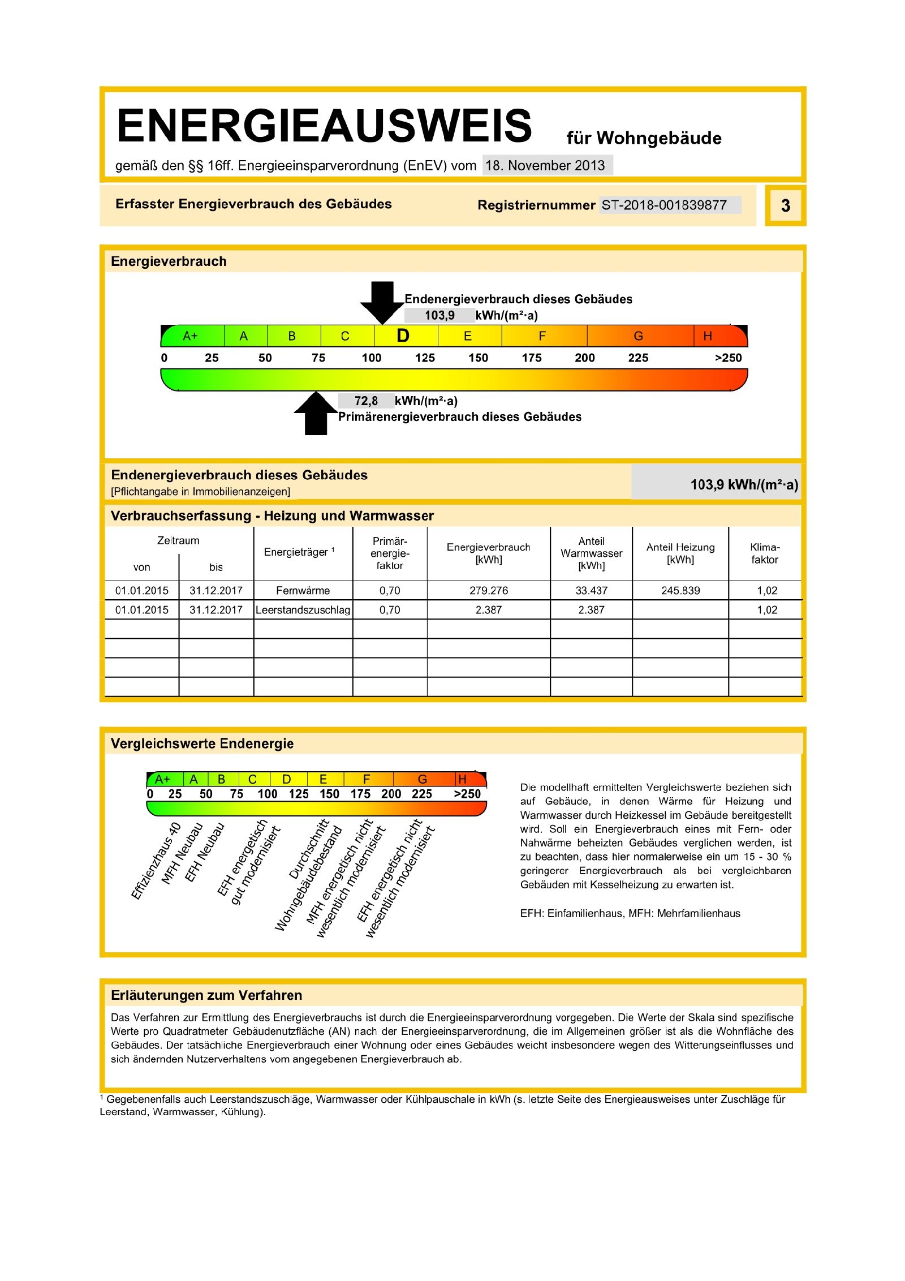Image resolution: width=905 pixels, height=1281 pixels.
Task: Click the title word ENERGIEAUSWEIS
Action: coord(324,126)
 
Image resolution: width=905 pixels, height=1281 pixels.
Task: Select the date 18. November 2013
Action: coord(545,166)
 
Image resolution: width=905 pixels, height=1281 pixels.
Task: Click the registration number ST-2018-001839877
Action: coord(664,205)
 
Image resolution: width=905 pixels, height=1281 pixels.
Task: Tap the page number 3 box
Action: coord(785,205)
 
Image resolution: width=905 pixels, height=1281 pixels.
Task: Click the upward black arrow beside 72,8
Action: coord(316,414)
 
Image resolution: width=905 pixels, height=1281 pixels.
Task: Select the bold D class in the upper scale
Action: coord(403,336)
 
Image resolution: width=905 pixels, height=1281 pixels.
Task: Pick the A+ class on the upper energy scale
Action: coord(191,336)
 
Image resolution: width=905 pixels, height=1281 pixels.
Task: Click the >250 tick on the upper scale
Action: coord(728,358)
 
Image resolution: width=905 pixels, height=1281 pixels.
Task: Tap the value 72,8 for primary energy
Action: coord(366,401)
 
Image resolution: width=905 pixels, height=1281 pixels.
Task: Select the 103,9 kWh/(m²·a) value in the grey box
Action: coord(744,484)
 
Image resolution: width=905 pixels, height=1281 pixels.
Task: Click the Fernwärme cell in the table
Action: coord(303,591)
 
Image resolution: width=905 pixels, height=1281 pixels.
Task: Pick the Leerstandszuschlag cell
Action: coord(303,610)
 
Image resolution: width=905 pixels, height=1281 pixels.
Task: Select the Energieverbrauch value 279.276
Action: coord(489,591)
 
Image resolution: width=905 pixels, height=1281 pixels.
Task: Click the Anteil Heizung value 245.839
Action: coord(680,591)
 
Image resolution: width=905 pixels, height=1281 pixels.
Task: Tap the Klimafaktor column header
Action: coord(765,553)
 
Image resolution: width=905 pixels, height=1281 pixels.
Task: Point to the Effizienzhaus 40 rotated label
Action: coord(156,860)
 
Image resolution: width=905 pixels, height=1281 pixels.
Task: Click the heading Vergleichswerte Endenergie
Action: coord(202,743)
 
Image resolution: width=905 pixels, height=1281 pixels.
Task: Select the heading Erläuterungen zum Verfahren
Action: coord(206,995)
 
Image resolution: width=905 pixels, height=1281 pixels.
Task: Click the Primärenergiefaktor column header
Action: coord(390,553)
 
